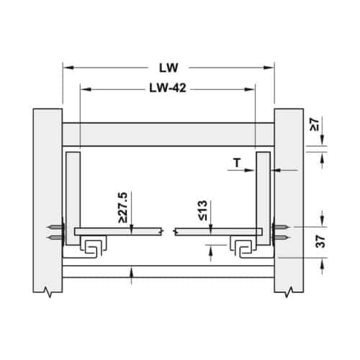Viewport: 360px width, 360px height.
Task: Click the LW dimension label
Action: [x=168, y=68]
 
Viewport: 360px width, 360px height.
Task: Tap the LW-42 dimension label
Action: [x=168, y=88]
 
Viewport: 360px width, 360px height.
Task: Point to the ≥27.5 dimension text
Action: [x=122, y=207]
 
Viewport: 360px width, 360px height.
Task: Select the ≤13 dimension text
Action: [x=202, y=210]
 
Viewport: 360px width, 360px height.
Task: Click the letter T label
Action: [x=237, y=163]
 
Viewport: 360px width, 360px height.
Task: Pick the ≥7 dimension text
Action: [x=315, y=125]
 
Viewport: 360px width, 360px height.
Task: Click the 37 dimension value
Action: [x=320, y=241]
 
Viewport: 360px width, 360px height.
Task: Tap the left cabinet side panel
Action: [x=48, y=200]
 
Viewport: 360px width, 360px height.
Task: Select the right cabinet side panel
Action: [x=289, y=200]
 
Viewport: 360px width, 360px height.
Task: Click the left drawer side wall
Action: [x=73, y=198]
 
